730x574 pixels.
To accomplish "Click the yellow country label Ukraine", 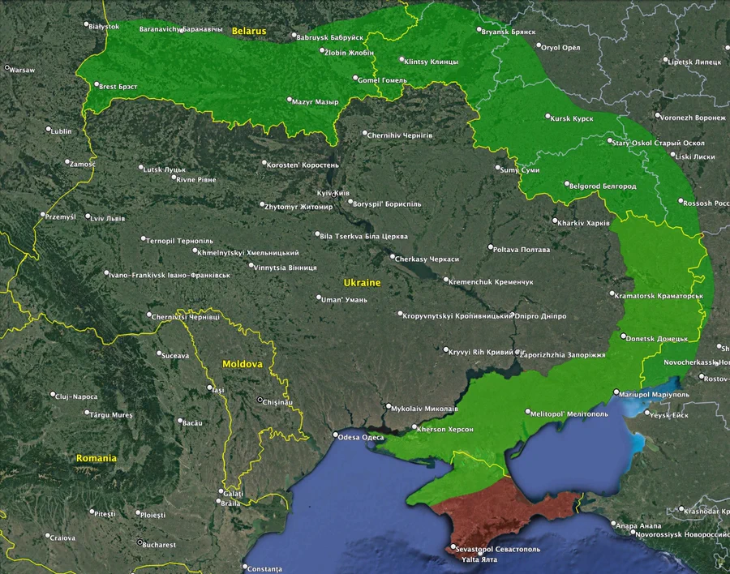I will coord(362,283).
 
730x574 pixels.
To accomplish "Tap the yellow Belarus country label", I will coord(248,31).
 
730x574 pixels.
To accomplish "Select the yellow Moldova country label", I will coord(243,364).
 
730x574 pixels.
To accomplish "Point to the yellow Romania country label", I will coord(97,458).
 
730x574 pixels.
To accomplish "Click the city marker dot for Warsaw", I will coord(7,68).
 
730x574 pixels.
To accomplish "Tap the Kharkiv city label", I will coord(585,222).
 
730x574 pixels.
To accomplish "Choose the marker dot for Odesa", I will coord(336,435).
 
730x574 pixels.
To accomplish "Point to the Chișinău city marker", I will coord(260,400).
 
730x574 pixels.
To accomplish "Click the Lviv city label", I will coord(109,218).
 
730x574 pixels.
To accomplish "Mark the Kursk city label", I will coord(573,118).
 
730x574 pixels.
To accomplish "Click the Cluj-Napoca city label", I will coord(76,396).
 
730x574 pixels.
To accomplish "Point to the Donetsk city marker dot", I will coord(623,336).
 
